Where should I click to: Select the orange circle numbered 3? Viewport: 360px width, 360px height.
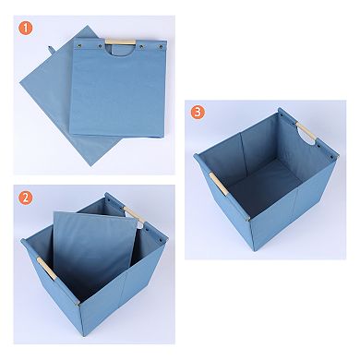[197, 113]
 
